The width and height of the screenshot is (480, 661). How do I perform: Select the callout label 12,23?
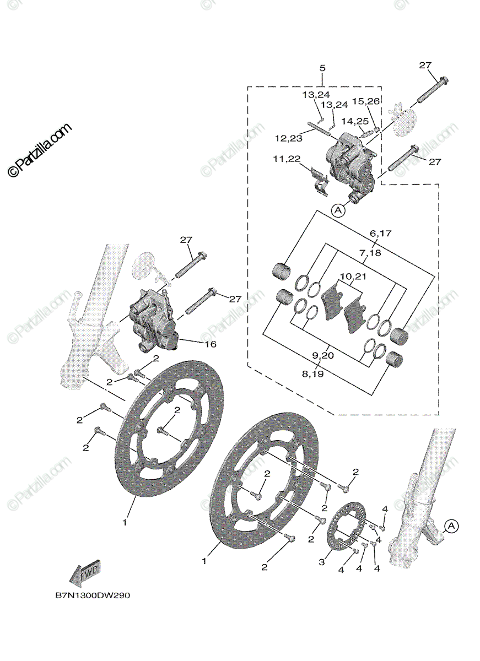point(289,138)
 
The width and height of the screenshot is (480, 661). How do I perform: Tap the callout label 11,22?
point(286,159)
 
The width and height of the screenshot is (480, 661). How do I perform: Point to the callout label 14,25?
point(354,121)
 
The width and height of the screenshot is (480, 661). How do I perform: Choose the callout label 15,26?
point(366,101)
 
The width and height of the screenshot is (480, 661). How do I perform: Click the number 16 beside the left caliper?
point(210,344)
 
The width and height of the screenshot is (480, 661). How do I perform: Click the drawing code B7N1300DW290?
point(92,596)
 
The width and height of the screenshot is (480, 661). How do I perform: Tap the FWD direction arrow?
point(83,575)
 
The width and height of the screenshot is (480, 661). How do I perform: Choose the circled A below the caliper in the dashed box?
point(338,210)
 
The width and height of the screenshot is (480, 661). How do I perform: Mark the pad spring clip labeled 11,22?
point(317,180)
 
